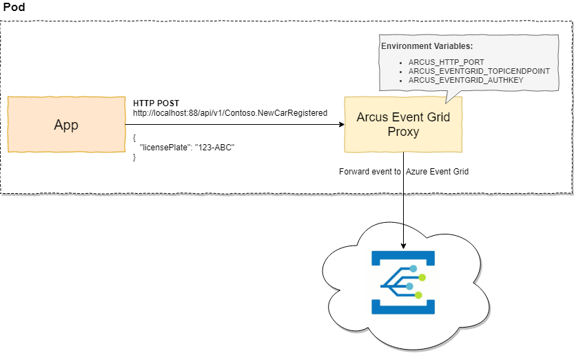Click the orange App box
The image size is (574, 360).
pyautogui.click(x=66, y=125)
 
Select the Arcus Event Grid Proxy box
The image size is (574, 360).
pyautogui.click(x=403, y=124)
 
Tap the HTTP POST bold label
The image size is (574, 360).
pyautogui.click(x=156, y=103)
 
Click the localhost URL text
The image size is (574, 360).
pyautogui.click(x=229, y=112)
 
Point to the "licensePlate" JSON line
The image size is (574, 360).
pyautogui.click(x=187, y=147)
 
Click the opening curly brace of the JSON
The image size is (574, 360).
pyautogui.click(x=135, y=137)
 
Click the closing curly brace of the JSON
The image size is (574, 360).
pyautogui.click(x=135, y=157)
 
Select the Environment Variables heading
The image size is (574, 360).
pyautogui.click(x=427, y=46)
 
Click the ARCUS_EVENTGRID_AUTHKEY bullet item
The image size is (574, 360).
pyautogui.click(x=466, y=80)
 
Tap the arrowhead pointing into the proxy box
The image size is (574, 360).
pyautogui.click(x=340, y=125)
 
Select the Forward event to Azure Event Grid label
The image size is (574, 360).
pyautogui.click(x=404, y=172)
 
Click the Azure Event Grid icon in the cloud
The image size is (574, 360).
pyautogui.click(x=403, y=283)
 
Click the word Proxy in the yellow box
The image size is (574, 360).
pyautogui.click(x=403, y=132)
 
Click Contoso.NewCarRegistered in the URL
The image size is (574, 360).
pyautogui.click(x=283, y=112)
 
